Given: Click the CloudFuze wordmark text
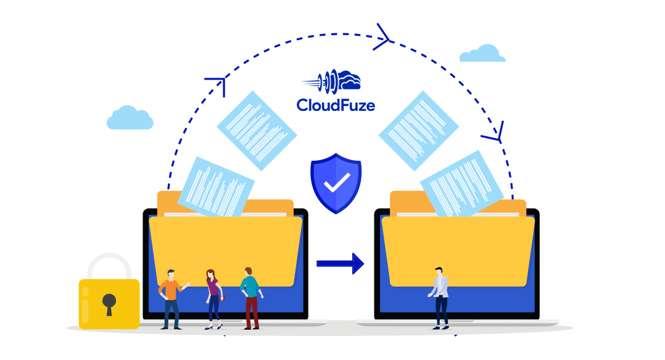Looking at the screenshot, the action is pyautogui.click(x=336, y=105).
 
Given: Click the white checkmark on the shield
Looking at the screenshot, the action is pyautogui.click(x=337, y=182).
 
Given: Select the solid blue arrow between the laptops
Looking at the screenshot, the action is pyautogui.click(x=340, y=264).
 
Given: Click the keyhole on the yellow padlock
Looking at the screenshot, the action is pyautogui.click(x=109, y=304).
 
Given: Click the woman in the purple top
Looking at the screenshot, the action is pyautogui.click(x=214, y=300).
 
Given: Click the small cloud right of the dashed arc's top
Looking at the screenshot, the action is pyautogui.click(x=482, y=53).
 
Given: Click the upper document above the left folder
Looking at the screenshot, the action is pyautogui.click(x=257, y=131).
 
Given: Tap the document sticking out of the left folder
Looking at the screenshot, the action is pyautogui.click(x=216, y=187).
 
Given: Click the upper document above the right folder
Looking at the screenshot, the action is pyautogui.click(x=419, y=131).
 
